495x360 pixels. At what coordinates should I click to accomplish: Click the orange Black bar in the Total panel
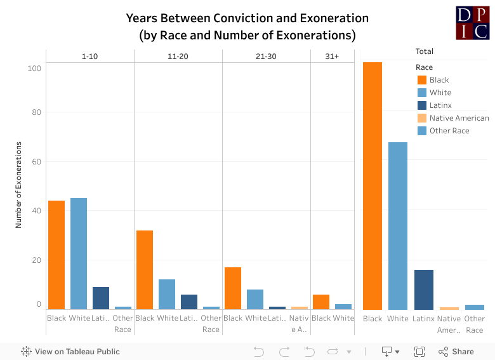(373, 185)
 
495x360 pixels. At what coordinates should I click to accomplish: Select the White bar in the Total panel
(398, 225)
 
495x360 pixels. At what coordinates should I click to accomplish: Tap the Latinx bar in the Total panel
(423, 290)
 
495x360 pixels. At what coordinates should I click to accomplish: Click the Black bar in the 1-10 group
(56, 255)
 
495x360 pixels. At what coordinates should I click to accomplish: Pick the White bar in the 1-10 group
(79, 253)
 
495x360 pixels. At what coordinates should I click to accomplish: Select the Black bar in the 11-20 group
(145, 269)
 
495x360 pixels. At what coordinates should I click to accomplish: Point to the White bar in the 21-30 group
(255, 299)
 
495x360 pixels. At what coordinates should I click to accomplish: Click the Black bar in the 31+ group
(321, 302)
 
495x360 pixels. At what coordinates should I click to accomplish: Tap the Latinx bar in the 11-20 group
(188, 302)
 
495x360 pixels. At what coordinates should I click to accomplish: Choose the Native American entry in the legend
(458, 118)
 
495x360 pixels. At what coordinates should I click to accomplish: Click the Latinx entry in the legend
(440, 105)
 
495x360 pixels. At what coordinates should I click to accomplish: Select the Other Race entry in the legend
(449, 131)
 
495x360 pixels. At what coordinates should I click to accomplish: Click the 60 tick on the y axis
(37, 162)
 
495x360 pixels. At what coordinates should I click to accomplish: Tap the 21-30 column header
(266, 57)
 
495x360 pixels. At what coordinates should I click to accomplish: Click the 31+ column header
(332, 57)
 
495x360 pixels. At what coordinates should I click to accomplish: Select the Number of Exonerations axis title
(19, 185)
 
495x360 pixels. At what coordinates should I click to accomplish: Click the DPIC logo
(472, 23)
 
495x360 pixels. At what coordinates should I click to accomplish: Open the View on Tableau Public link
(70, 351)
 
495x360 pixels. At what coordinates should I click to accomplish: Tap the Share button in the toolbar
(456, 351)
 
